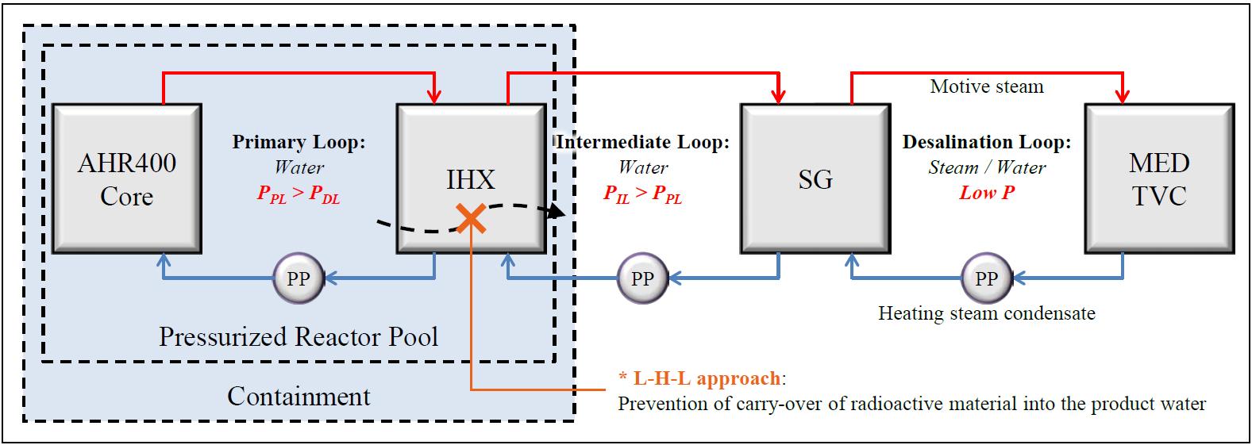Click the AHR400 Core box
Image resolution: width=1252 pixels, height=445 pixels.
click(126, 178)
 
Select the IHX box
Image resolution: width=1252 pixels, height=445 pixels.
click(471, 178)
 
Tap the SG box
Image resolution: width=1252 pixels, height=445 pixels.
click(815, 178)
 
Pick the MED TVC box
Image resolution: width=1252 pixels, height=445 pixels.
click(1160, 178)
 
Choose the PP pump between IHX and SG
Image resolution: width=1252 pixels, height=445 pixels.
click(641, 278)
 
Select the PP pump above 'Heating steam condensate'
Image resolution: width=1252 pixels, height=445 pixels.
click(985, 278)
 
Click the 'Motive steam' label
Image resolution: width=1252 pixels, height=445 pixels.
click(986, 86)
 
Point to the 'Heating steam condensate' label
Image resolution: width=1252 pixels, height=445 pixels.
click(986, 313)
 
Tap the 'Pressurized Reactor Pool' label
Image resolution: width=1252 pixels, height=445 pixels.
click(298, 337)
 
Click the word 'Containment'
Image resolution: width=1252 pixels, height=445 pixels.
click(299, 396)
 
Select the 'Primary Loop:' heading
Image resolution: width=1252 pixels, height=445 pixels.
click(299, 143)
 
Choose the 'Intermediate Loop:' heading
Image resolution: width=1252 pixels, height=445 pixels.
click(642, 143)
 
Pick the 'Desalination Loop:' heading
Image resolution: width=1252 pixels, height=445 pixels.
click(986, 143)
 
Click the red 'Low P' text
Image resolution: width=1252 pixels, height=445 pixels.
click(987, 193)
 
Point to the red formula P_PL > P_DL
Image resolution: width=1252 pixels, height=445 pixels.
click(299, 194)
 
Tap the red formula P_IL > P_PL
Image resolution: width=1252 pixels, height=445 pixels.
click(642, 194)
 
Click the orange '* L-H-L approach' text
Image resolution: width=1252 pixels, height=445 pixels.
click(700, 378)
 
